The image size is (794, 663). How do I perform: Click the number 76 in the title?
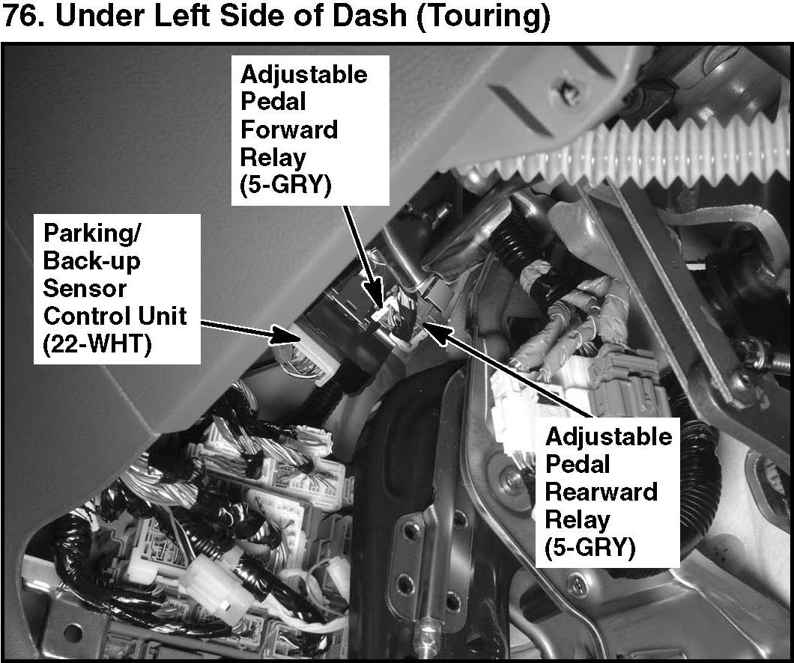[x=22, y=17]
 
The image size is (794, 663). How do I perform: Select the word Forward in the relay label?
[x=289, y=130]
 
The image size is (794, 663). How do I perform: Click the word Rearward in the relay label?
[x=601, y=492]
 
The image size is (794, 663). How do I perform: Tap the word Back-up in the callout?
[x=91, y=260]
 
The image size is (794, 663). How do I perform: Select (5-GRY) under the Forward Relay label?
[x=285, y=186]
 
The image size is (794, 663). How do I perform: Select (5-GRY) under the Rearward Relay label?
[x=590, y=548]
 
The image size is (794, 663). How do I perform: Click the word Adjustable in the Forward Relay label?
[x=304, y=75]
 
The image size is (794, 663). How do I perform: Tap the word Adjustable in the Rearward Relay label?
[x=609, y=437]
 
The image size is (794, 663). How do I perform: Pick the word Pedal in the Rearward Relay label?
[x=578, y=465]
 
